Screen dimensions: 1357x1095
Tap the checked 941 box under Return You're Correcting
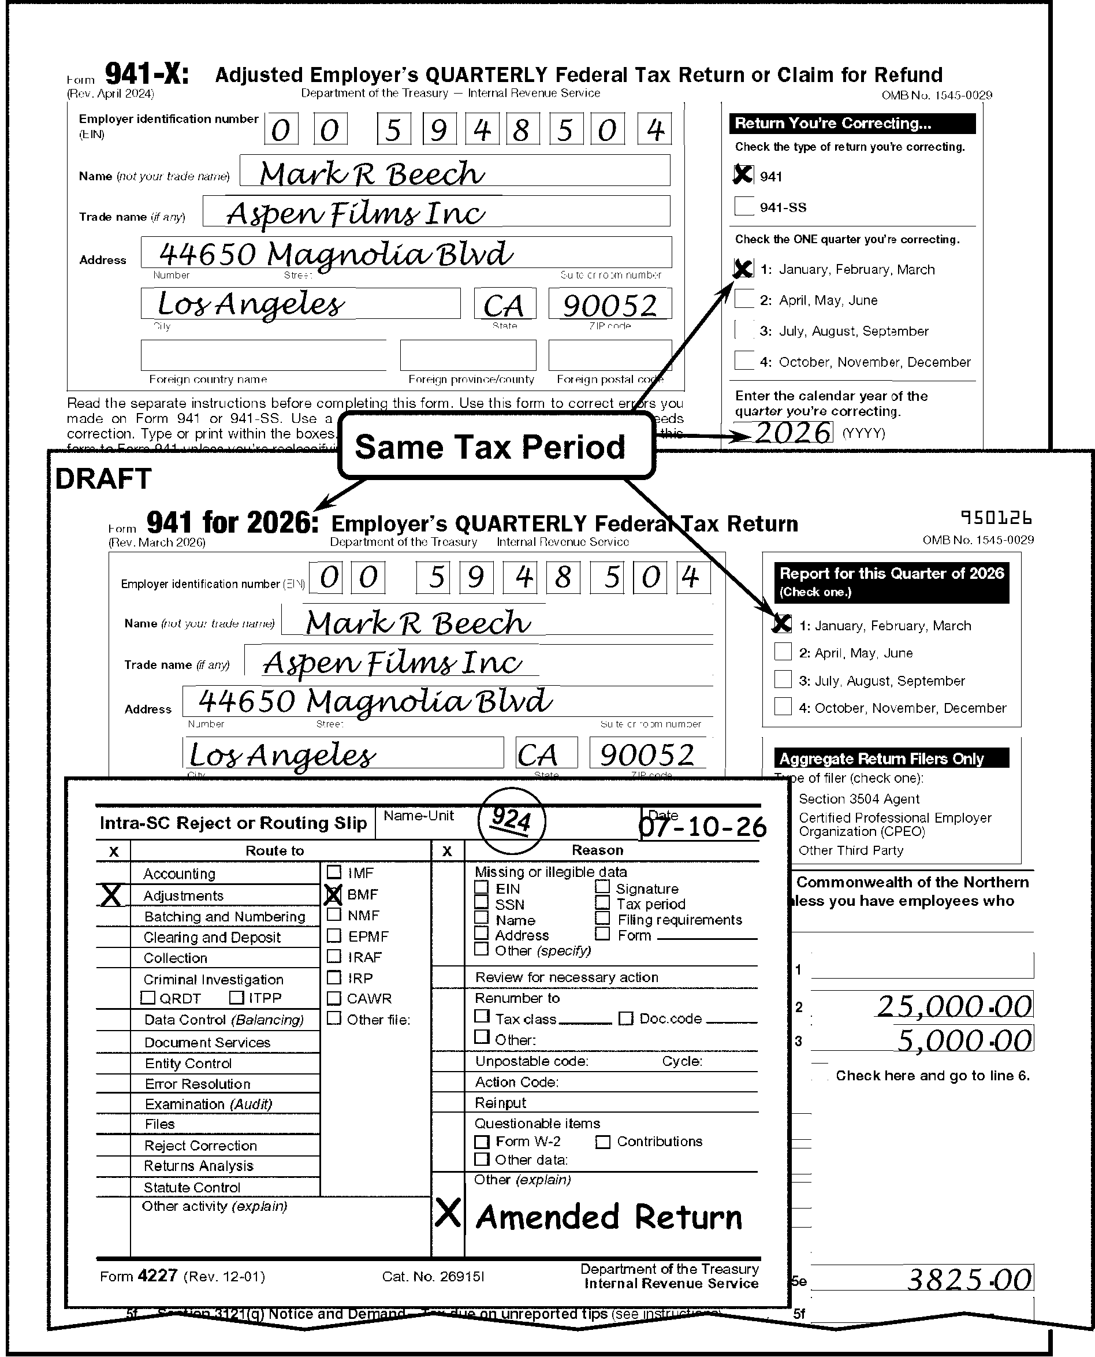pos(744,174)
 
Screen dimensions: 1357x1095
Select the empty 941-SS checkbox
pos(744,206)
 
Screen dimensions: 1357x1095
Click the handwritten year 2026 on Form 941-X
pos(793,433)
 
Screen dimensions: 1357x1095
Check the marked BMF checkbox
pos(333,895)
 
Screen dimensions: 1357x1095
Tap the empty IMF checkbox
pos(334,872)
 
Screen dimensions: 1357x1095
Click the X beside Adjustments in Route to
pos(111,895)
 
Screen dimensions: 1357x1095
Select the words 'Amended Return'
pos(609,1217)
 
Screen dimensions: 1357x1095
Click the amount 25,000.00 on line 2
pos(954,1006)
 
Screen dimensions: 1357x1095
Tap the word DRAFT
pos(103,479)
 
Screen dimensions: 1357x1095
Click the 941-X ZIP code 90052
pos(609,306)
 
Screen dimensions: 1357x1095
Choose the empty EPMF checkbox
pos(334,936)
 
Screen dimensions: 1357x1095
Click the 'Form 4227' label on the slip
pos(139,1276)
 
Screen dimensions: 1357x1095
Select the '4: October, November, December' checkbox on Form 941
pos(783,706)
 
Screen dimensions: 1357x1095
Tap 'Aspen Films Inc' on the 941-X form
pos(356,213)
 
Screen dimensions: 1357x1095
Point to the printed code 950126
pos(996,518)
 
